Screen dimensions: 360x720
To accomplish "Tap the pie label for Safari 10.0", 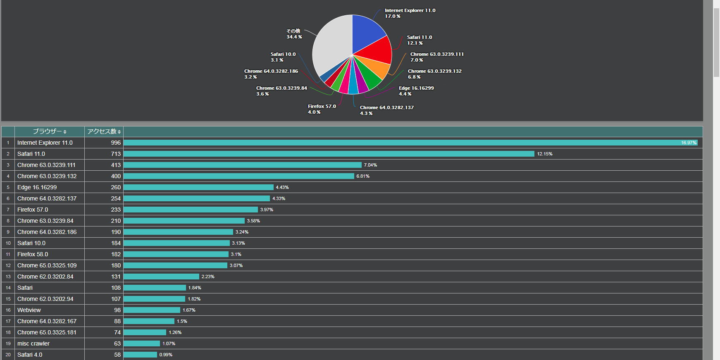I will click(283, 57).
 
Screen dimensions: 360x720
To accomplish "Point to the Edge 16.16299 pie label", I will click(416, 91).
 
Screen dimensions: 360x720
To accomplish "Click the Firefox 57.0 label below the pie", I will click(322, 109).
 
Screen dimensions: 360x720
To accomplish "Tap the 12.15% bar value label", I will click(545, 154).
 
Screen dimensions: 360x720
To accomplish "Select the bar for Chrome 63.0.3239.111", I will click(242, 165).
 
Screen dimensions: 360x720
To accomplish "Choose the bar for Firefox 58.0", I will click(176, 254).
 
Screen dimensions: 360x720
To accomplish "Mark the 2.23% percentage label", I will click(208, 277).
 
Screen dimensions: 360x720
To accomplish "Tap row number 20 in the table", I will click(8, 355).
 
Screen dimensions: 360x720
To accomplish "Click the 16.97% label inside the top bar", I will click(689, 143).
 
